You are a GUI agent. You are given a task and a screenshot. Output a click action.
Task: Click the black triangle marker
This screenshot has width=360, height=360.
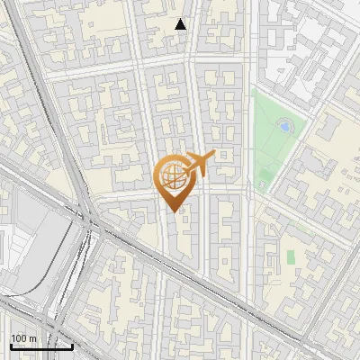[181, 24]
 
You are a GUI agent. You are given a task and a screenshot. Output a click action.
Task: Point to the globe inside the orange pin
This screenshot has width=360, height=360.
[172, 175]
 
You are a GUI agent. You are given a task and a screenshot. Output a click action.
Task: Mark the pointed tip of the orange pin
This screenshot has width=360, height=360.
[175, 211]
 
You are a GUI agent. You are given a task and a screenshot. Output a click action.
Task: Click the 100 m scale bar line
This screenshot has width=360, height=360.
[40, 346]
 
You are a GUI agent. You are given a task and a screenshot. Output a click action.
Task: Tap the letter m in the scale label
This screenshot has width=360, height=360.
[32, 338]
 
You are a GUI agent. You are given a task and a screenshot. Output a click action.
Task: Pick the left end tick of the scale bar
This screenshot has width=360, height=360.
[10, 345]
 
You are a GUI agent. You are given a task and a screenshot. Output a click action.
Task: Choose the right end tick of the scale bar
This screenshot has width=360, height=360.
[72, 345]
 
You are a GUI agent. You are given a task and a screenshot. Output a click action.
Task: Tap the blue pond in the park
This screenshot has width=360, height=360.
[284, 125]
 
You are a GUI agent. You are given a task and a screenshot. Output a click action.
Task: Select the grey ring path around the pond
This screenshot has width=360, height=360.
[284, 118]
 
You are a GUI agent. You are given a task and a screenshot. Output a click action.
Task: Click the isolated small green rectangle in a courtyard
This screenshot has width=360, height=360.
[291, 257]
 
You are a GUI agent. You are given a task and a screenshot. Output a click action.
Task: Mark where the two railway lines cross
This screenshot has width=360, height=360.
[87, 224]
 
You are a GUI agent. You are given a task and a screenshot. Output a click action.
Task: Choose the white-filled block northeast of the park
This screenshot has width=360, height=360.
[306, 45]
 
